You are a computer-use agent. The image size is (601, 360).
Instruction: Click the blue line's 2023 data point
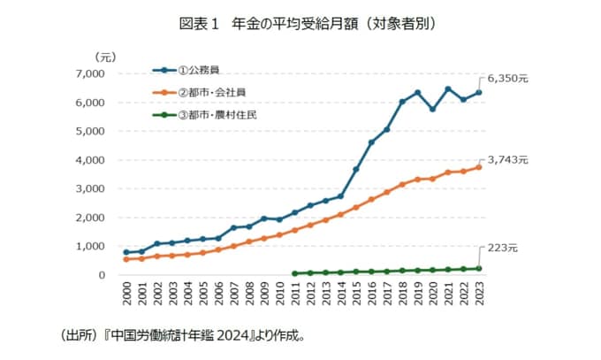pyautogui.click(x=479, y=92)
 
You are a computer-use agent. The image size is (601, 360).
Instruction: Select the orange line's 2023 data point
pyautogui.click(x=479, y=167)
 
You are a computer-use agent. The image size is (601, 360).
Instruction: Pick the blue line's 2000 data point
pyautogui.click(x=126, y=252)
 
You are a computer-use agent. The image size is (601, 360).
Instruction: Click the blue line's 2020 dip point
pyautogui.click(x=433, y=109)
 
